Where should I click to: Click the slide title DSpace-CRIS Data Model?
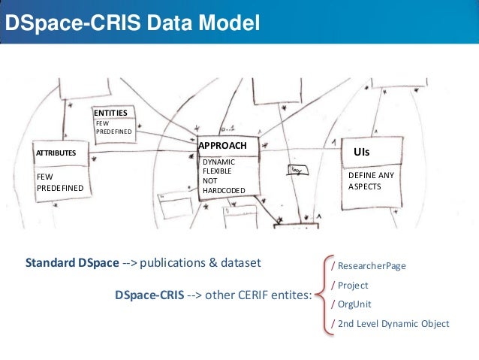pos(132,25)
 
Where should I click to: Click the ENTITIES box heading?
pos(110,112)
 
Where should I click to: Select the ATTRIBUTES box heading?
pos(57,153)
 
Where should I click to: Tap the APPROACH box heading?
pos(222,144)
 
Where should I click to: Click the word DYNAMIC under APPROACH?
pos(218,162)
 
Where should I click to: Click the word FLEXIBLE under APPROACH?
pos(218,171)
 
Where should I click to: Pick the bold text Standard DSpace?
pos(72,264)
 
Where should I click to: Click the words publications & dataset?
pos(203,264)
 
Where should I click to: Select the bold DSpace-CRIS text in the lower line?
pos(148,295)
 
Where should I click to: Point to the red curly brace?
pos(324,294)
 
